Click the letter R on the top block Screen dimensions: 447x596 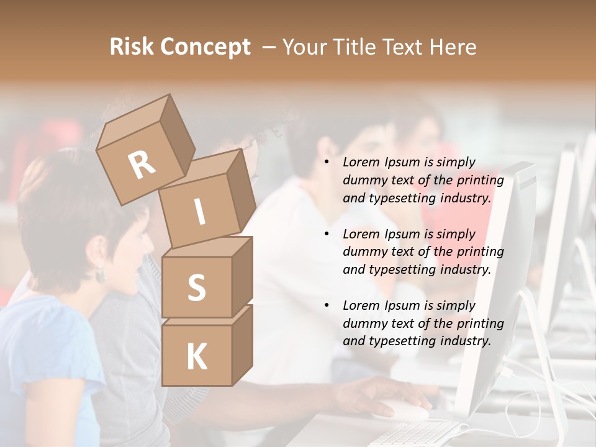coord(142,165)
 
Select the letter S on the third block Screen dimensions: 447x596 coord(196,287)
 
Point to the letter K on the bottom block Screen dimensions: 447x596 coord(196,357)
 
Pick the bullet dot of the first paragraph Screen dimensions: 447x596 coord(327,163)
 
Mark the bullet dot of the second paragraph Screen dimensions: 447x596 coord(327,235)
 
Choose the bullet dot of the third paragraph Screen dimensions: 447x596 coord(327,306)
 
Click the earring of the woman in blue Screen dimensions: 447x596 coord(99,274)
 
